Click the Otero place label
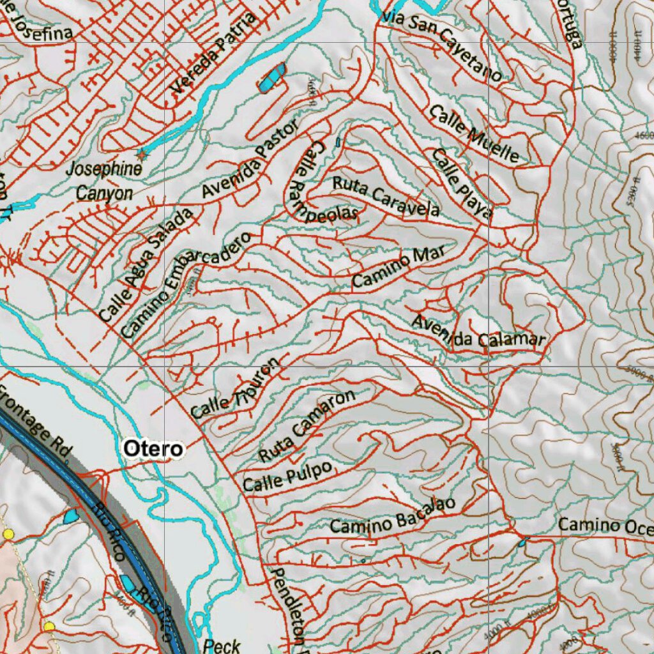click(153, 448)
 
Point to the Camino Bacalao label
click(393, 515)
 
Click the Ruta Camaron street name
click(307, 426)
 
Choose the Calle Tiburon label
click(235, 390)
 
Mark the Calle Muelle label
click(473, 133)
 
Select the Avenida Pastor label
click(250, 160)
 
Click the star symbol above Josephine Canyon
click(141, 154)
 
